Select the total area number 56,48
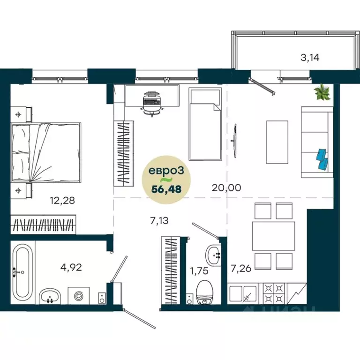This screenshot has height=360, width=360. pos(166,189)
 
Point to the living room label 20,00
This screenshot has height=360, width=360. pos(226,188)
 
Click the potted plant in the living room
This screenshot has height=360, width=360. pos(323,93)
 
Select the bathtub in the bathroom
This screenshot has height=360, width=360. pos(22,272)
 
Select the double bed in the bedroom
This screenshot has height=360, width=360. pos(46,151)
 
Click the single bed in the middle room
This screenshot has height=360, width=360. pos(205,125)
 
